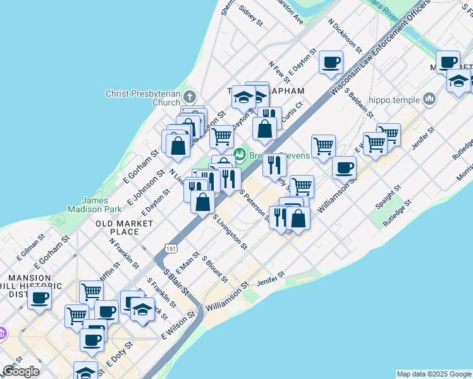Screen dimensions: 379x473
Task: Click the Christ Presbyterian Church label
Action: (143, 98)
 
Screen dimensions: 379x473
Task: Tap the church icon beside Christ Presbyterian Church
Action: (190, 97)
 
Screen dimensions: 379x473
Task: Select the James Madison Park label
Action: (94, 204)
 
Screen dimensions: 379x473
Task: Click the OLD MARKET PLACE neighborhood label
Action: (125, 227)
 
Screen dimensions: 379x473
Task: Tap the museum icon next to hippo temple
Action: (429, 99)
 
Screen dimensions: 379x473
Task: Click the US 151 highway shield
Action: (171, 250)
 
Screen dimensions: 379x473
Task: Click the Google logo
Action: (21, 371)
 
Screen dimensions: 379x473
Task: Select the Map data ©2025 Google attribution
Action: (434, 374)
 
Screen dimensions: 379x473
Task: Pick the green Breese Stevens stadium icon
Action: (240, 155)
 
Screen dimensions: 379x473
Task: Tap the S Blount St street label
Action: (214, 268)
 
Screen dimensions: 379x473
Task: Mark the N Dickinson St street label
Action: (345, 35)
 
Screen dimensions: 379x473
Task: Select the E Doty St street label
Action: (120, 354)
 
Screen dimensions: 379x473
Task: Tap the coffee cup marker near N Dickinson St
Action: (331, 63)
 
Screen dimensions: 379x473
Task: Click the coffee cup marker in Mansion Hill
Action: (39, 298)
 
